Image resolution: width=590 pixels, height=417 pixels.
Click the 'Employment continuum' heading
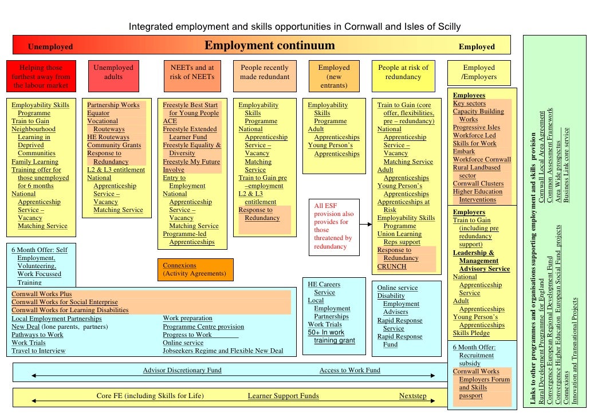coord(269,46)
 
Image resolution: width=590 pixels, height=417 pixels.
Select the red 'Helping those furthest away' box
coord(41,76)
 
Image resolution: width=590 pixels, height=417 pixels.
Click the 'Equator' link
coord(98,113)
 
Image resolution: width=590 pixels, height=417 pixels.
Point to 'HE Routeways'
coord(108,137)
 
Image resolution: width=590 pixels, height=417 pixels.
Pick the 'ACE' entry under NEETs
coord(170,121)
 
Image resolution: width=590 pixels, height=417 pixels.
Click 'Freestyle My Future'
coord(191,162)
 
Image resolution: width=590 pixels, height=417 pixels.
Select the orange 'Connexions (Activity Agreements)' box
coord(195,269)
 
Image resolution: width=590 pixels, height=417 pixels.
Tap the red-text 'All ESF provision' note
coord(334,226)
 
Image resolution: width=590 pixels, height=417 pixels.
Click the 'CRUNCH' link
coord(392,266)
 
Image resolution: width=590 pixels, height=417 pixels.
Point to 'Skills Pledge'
coord(471,333)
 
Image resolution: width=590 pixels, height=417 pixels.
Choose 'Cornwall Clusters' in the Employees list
coord(478,184)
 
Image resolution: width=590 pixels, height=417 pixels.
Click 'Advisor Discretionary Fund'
coord(182,371)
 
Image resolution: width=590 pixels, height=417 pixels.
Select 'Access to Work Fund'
coord(349,371)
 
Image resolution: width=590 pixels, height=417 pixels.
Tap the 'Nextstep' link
coord(412,396)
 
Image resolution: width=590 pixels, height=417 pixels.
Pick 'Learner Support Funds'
coord(283,396)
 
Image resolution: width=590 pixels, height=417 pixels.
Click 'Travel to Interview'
coord(38,351)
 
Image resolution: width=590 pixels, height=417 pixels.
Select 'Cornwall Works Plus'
coord(42,294)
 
